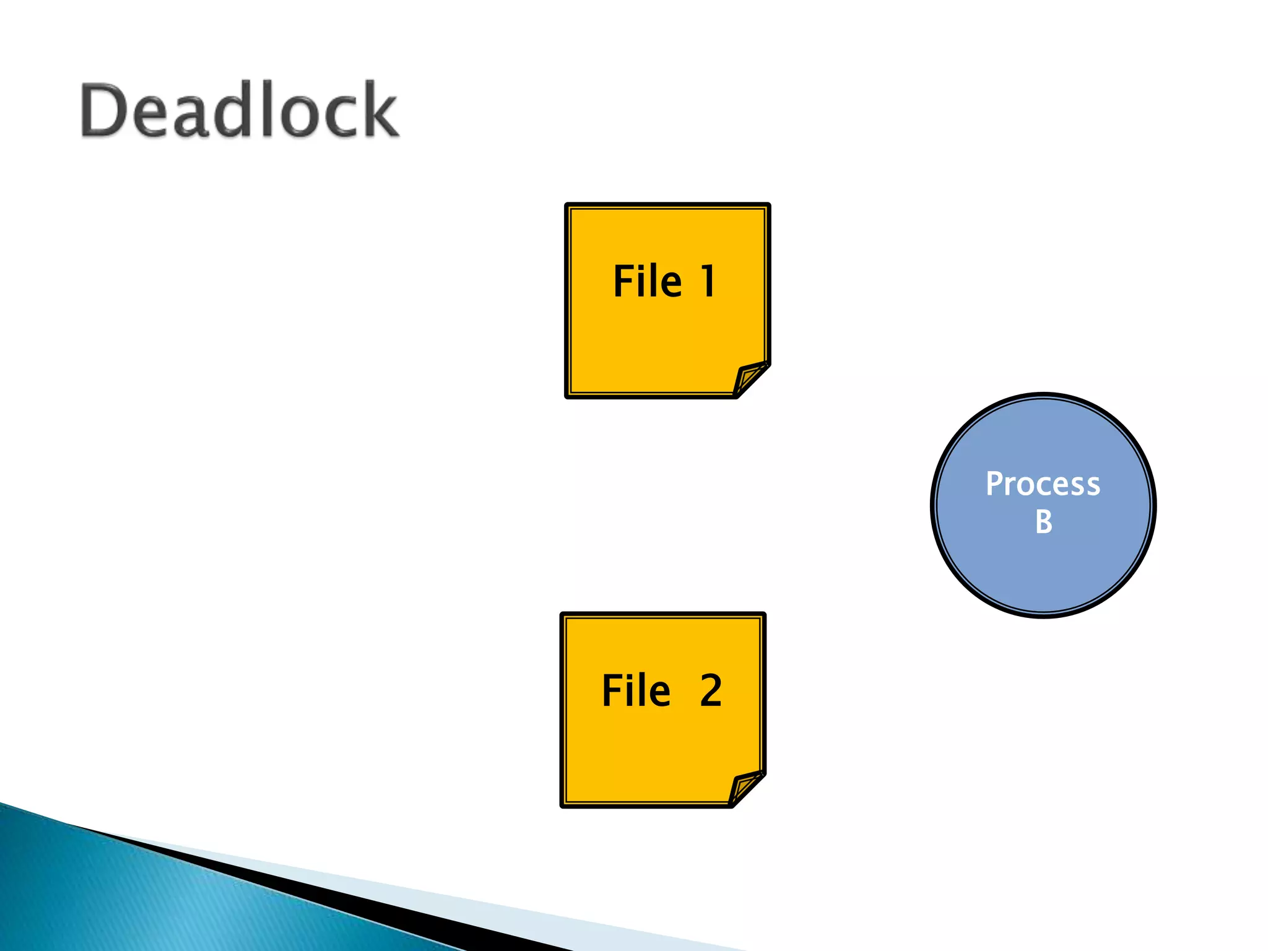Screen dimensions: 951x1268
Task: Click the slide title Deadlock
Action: [x=239, y=110]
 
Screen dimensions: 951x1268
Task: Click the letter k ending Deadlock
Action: [x=380, y=110]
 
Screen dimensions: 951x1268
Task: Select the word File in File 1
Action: [x=647, y=282]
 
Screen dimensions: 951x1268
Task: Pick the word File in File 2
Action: [x=636, y=690]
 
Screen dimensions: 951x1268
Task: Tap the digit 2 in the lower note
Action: [x=711, y=690]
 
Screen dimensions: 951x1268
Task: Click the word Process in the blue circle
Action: [x=1043, y=484]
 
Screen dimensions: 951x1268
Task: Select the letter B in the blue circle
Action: [x=1043, y=522]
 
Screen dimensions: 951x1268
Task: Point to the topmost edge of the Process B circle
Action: [x=1043, y=395]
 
